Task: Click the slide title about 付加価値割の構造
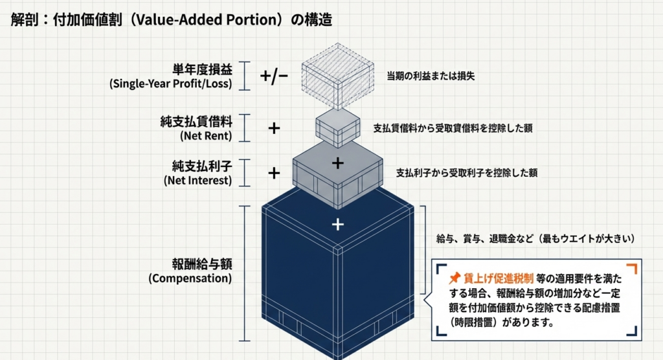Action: [x=172, y=19]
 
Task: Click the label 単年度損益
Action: [x=202, y=69]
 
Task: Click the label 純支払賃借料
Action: [x=197, y=121]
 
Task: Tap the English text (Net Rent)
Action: [x=206, y=136]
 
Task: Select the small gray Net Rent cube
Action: [x=337, y=128]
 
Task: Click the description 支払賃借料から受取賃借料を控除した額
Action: [x=453, y=128]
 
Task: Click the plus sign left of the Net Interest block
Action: [x=274, y=173]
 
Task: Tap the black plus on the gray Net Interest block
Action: [x=337, y=163]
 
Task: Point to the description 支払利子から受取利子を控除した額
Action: [x=466, y=173]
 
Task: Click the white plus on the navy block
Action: [x=337, y=225]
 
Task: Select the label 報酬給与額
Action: [x=197, y=264]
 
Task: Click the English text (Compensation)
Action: [x=190, y=279]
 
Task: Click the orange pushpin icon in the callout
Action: [x=454, y=278]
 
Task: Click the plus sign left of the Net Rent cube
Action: [x=274, y=128]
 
